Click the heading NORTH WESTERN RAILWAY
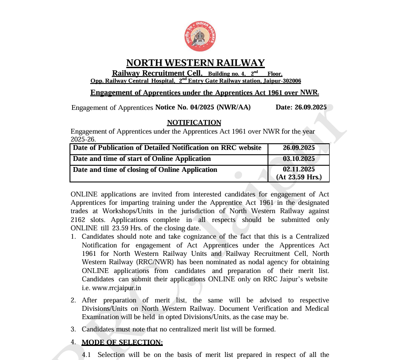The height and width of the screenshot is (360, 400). pyautogui.click(x=195, y=63)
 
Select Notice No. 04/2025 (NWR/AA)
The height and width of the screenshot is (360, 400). pyautogui.click(x=203, y=107)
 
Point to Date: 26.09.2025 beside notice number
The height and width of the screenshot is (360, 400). pyautogui.click(x=301, y=107)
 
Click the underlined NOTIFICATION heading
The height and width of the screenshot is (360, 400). pyautogui.click(x=194, y=123)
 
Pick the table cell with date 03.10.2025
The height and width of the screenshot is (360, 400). pyautogui.click(x=299, y=159)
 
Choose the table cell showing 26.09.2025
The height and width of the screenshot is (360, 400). pyautogui.click(x=299, y=148)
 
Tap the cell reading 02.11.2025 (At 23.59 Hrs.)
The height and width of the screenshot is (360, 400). pyautogui.click(x=299, y=173)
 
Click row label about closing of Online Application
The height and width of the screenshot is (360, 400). pyautogui.click(x=145, y=170)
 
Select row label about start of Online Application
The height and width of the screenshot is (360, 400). pyautogui.click(x=142, y=159)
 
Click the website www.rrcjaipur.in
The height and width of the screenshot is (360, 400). pyautogui.click(x=112, y=288)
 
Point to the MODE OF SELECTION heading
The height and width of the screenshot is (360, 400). pyautogui.click(x=122, y=342)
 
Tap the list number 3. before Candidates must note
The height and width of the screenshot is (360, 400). pyautogui.click(x=73, y=329)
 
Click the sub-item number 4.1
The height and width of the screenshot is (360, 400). pyautogui.click(x=86, y=355)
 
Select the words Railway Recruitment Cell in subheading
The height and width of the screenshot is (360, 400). pyautogui.click(x=157, y=73)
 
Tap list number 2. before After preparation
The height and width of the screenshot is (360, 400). pyautogui.click(x=73, y=300)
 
